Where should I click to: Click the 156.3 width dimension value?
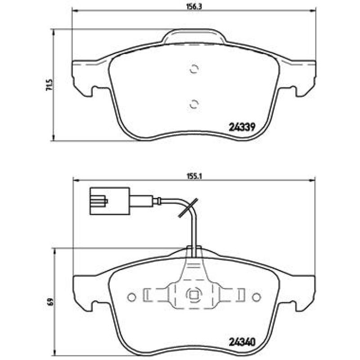click(x=193, y=7)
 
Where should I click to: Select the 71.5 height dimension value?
click(x=49, y=85)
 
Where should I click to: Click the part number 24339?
click(x=242, y=127)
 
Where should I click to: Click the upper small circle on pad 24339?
click(x=194, y=69)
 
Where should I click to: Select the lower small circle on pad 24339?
click(x=194, y=104)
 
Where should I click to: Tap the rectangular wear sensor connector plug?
click(x=110, y=201)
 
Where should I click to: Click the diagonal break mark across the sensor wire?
click(x=188, y=208)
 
